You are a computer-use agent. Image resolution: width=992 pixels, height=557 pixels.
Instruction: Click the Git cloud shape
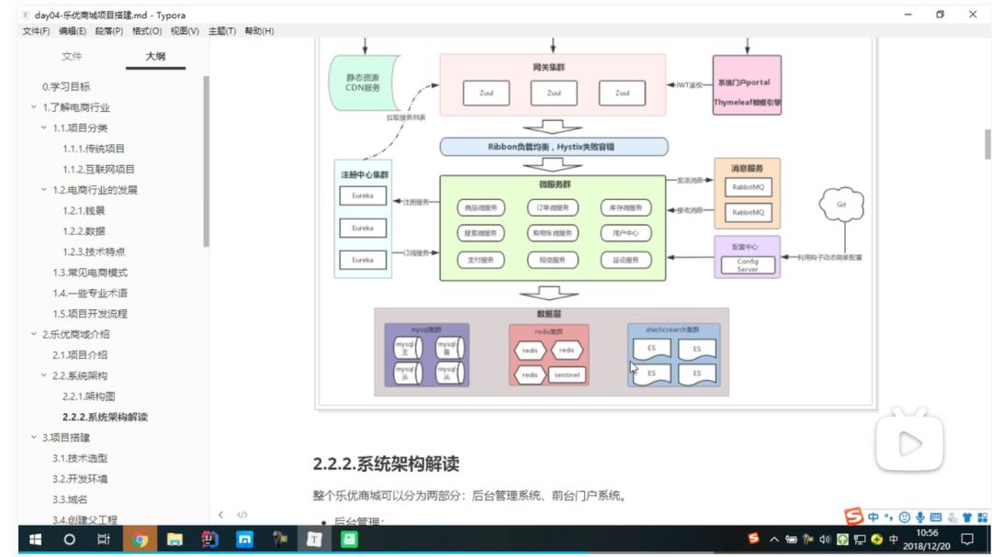point(840,206)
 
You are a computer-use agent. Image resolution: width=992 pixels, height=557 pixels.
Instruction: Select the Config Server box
point(748,264)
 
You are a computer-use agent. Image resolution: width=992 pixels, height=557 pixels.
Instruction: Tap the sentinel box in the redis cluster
point(567,374)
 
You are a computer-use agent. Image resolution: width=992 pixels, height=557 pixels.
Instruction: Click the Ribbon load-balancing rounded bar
point(553,146)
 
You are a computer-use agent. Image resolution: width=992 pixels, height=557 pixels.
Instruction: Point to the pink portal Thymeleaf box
point(747,85)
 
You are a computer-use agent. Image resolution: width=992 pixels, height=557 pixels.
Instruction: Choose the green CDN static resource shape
point(357,83)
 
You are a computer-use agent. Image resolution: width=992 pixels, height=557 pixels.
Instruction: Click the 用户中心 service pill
point(626,233)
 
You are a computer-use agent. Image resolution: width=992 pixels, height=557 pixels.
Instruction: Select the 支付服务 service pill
point(481,260)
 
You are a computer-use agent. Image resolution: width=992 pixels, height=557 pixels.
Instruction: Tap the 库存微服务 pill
point(626,207)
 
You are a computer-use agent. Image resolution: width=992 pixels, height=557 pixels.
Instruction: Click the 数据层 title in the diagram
point(549,314)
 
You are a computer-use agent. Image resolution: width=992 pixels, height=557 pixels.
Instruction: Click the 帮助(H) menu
point(258,31)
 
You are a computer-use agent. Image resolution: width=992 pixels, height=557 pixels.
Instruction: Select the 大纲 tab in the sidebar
point(155,57)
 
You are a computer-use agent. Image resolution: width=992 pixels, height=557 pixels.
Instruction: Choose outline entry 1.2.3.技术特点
point(94,251)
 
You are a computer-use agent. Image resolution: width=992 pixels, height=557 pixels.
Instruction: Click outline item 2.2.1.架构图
point(88,396)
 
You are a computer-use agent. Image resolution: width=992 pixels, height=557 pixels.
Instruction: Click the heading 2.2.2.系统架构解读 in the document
point(386,463)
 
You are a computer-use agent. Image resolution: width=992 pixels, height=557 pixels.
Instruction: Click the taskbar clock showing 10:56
point(927,539)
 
